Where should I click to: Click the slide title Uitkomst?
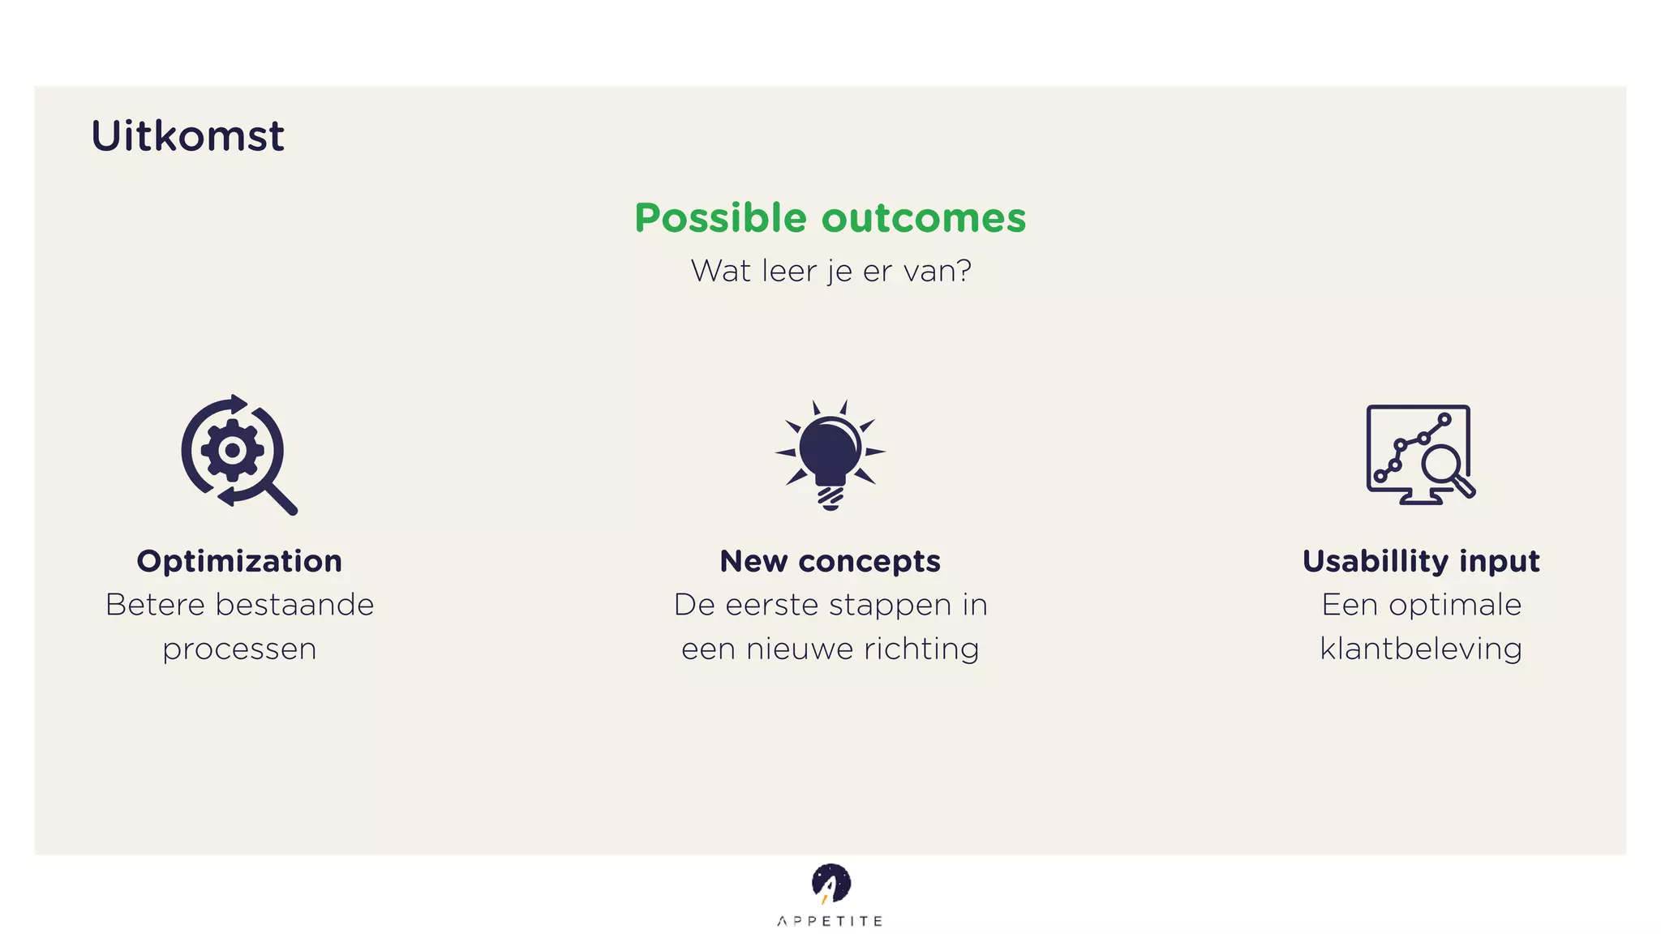click(187, 136)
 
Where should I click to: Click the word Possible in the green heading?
click(720, 219)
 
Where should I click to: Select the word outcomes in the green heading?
click(924, 219)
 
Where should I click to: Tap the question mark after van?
click(964, 271)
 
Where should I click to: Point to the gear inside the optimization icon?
click(232, 450)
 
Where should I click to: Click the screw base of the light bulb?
click(830, 496)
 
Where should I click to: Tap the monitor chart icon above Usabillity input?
click(1419, 454)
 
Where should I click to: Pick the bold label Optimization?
click(239, 561)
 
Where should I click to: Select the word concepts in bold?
click(869, 562)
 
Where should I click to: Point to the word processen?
click(239, 649)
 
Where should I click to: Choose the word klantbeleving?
click(1421, 649)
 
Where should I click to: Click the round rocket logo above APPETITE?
click(830, 884)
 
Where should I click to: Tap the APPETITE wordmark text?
click(830, 921)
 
